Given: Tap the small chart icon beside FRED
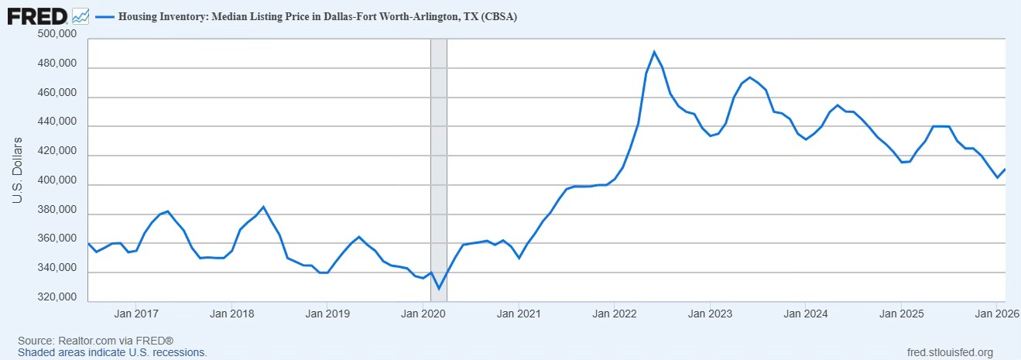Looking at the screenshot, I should (x=81, y=15).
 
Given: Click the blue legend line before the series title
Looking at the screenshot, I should (x=104, y=15).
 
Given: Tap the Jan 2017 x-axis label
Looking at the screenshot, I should (x=135, y=314).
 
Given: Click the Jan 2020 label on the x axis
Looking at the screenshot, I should (x=422, y=314).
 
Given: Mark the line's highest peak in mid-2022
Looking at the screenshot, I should (x=654, y=52).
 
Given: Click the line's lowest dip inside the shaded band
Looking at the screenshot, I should (x=439, y=289).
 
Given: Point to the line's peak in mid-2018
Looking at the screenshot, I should (x=263, y=207).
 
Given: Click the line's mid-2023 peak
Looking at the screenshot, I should (x=749, y=77).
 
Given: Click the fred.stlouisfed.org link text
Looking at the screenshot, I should (x=949, y=352).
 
